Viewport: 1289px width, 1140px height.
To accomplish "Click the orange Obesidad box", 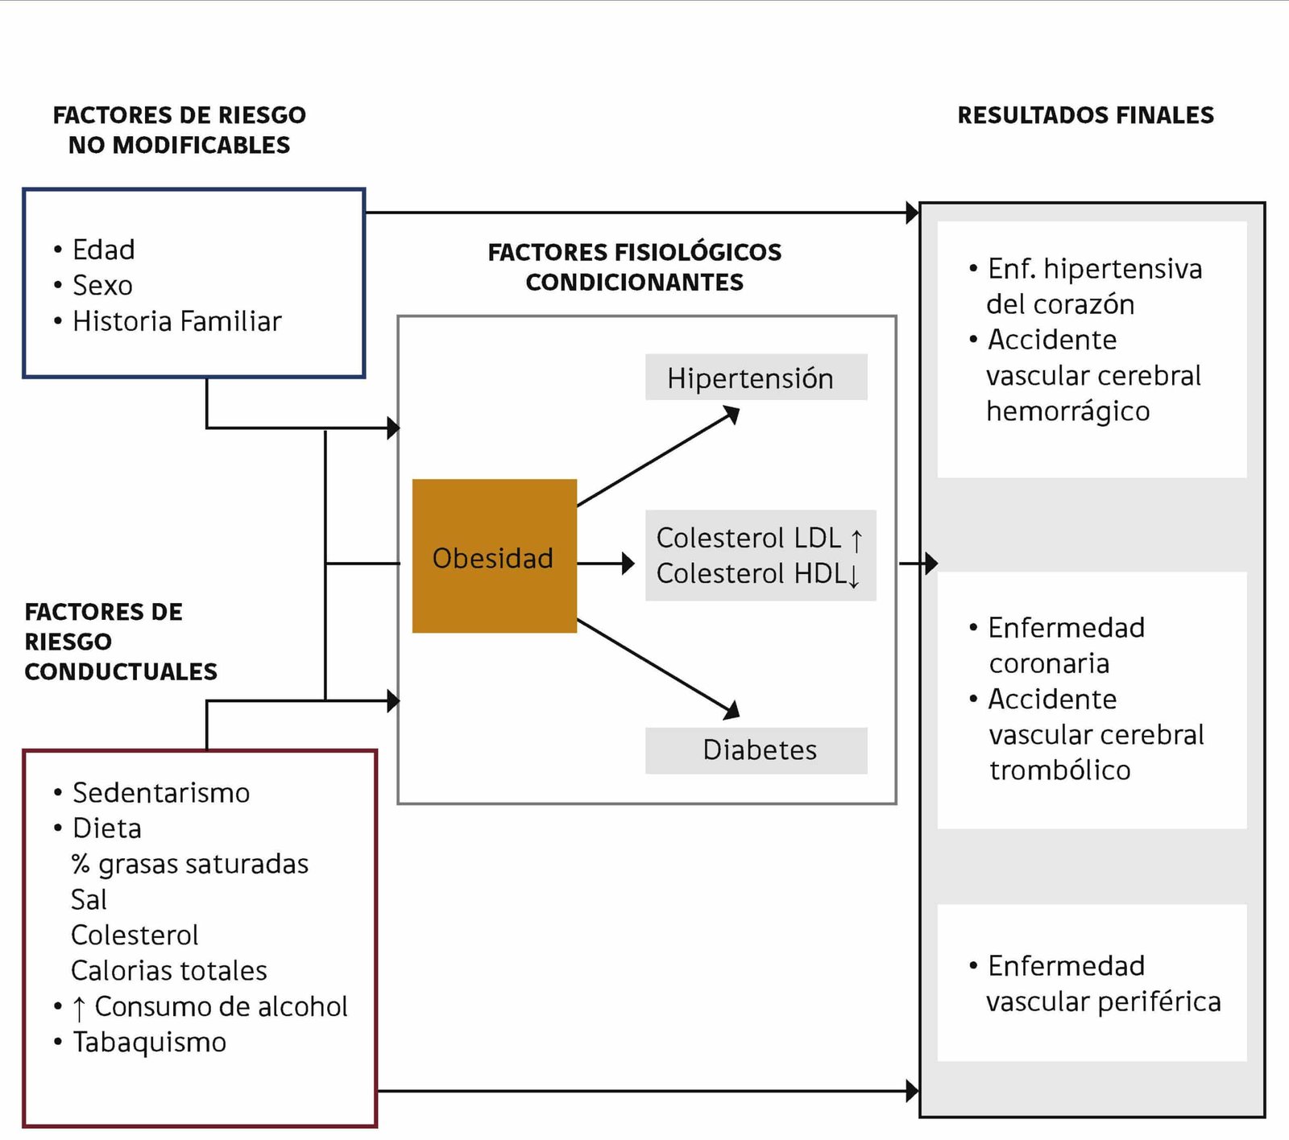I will click(x=494, y=556).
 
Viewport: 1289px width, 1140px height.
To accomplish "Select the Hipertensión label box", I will click(x=756, y=378).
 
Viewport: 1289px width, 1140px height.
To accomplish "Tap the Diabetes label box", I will click(x=756, y=750).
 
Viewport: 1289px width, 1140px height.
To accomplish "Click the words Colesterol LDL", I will click(x=748, y=538).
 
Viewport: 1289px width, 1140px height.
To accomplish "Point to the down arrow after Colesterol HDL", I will click(x=854, y=575).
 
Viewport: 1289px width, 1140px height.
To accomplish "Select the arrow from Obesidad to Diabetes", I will click(x=657, y=666).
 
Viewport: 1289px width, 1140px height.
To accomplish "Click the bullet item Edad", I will click(x=103, y=250).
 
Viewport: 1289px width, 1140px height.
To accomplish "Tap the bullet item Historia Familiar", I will click(x=176, y=321).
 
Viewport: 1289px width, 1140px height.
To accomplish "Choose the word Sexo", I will click(x=102, y=285).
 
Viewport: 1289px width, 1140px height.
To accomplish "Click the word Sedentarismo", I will click(x=161, y=793).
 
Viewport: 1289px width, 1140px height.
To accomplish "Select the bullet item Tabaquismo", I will click(x=149, y=1043).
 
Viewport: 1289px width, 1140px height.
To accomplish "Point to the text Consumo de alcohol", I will click(x=221, y=1006).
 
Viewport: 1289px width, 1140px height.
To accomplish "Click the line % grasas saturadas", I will click(x=190, y=864).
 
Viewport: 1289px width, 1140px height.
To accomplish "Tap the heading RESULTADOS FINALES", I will click(x=1085, y=115).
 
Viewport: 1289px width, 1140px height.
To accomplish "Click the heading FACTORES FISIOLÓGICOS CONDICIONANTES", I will click(x=634, y=266).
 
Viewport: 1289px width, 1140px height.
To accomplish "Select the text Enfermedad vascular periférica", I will click(x=1102, y=984).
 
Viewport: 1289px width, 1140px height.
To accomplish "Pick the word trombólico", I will click(x=1059, y=770).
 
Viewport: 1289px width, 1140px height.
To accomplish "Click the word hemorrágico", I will click(x=1067, y=411).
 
